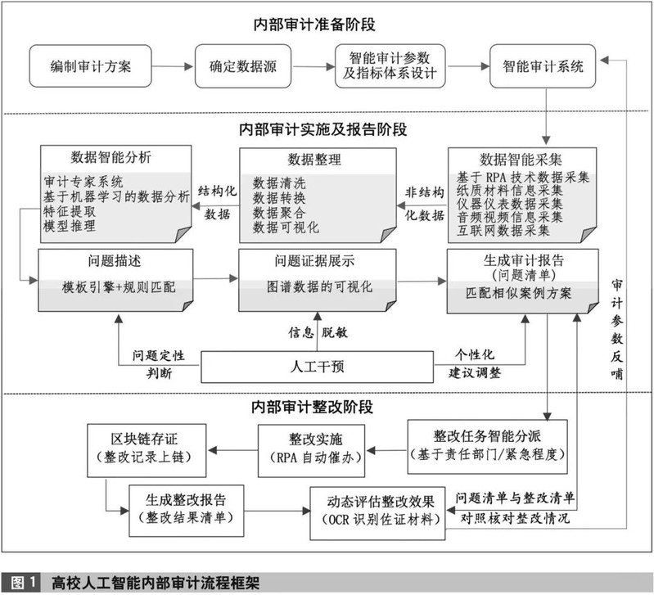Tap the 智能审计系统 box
click(x=542, y=66)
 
